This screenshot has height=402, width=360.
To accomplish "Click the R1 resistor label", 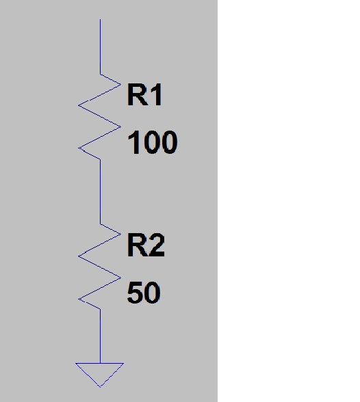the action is tap(144, 94).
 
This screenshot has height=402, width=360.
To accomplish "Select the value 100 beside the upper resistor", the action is tap(153, 142).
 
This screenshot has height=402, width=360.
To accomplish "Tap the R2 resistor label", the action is tap(146, 245).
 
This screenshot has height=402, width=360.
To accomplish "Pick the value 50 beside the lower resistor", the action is tap(144, 293).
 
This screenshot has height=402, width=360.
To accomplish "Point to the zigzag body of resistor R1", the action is tap(99, 116).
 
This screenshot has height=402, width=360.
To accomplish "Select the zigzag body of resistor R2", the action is tap(99, 267).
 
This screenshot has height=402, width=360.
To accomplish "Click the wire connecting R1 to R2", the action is tap(101, 191).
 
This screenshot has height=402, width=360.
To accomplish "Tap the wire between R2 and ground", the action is tap(101, 336).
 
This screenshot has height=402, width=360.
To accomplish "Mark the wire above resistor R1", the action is tap(101, 46).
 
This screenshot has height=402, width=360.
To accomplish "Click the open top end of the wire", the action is tap(101, 19).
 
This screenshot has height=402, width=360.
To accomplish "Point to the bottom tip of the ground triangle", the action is tap(100, 386).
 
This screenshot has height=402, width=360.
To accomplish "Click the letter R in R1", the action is tap(138, 94).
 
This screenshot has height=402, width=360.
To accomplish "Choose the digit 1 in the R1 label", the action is tap(157, 94).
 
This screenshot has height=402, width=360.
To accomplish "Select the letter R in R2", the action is tap(138, 245).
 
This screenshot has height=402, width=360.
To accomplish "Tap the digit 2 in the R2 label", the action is tap(157, 245).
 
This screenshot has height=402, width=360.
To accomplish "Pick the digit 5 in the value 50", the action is tap(135, 293).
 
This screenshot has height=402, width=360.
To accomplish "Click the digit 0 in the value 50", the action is tap(153, 293).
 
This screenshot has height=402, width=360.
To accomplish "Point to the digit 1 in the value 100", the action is tap(134, 142).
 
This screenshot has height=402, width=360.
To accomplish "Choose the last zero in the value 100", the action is tap(170, 142).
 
